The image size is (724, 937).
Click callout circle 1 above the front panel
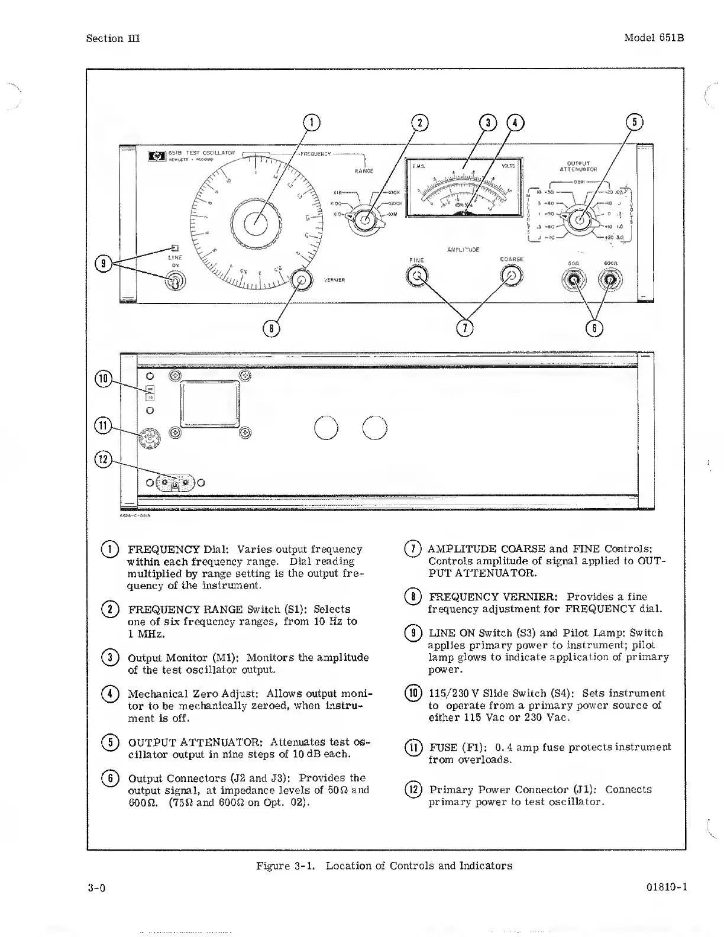click(x=311, y=122)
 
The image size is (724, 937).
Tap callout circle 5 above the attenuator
click(x=634, y=122)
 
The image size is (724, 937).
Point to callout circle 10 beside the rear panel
click(x=104, y=379)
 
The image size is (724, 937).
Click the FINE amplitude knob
click(x=417, y=276)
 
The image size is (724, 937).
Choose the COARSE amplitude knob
click(x=512, y=275)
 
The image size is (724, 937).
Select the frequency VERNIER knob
click(x=301, y=280)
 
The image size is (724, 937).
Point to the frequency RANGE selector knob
click(x=364, y=219)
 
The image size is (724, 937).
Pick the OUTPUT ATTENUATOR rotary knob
click(x=580, y=219)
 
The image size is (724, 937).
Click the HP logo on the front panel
click(x=157, y=157)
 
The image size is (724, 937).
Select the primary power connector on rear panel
click(x=174, y=483)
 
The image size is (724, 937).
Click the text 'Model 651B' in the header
click(x=654, y=38)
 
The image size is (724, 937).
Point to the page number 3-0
click(x=96, y=888)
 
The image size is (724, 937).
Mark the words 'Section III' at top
click(x=112, y=38)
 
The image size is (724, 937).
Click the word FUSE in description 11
click(x=442, y=747)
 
